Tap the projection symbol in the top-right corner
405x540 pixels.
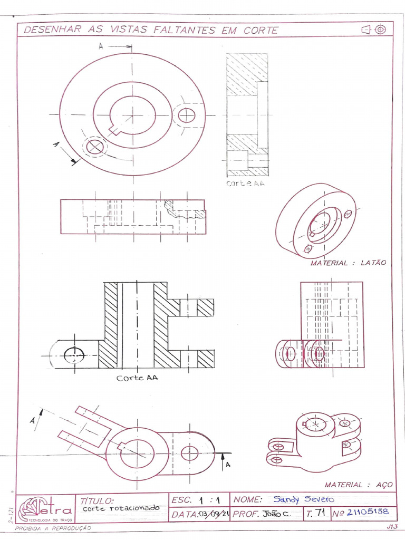[373, 30]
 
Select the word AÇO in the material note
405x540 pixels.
[380, 485]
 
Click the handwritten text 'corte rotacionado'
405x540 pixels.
[121, 508]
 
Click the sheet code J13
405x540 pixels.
[391, 526]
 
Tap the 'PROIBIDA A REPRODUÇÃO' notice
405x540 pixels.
[53, 527]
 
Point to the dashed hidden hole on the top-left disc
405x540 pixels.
[95, 146]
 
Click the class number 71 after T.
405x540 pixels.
[320, 512]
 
